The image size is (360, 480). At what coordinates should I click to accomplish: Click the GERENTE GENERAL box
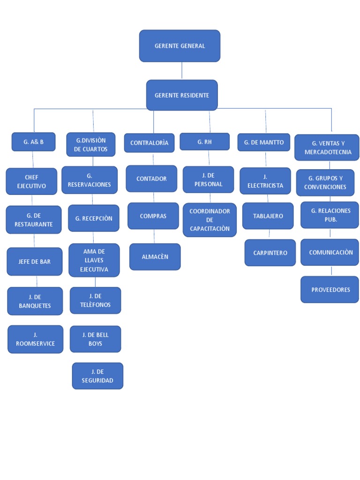(180, 46)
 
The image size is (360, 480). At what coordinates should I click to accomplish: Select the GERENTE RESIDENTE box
(182, 95)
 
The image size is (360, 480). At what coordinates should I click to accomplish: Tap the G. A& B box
(33, 142)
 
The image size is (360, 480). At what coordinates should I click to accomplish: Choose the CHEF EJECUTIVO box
(31, 181)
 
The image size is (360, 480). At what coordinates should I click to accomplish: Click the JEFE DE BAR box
(34, 262)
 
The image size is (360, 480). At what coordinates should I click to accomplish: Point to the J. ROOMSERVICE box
(35, 339)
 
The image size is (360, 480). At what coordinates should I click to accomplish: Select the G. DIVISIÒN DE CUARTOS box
(90, 144)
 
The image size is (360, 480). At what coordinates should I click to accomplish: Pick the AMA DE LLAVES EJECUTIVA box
(94, 260)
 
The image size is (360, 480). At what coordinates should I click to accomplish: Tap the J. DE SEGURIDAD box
(97, 376)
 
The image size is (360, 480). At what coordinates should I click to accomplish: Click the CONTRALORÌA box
(149, 142)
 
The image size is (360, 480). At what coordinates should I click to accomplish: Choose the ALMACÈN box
(155, 257)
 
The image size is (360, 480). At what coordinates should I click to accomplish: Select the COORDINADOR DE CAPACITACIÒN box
(210, 220)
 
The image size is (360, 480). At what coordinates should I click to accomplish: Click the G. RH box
(205, 142)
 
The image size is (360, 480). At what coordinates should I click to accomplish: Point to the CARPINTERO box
(270, 253)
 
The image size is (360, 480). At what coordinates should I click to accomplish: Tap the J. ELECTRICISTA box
(265, 181)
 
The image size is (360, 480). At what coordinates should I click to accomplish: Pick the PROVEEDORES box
(330, 290)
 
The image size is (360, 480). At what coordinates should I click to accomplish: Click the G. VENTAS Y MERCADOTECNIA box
(327, 148)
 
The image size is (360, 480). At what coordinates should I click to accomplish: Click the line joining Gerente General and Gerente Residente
(182, 71)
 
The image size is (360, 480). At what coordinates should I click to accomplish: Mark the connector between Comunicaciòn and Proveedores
(331, 271)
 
